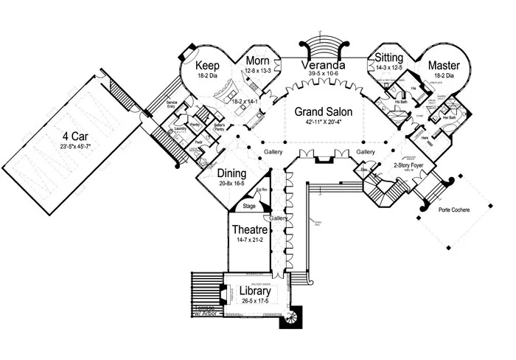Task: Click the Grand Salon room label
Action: coord(324,111)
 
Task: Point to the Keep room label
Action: coord(205,64)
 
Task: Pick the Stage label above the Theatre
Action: coord(249,206)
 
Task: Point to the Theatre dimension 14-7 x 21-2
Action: coord(249,240)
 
